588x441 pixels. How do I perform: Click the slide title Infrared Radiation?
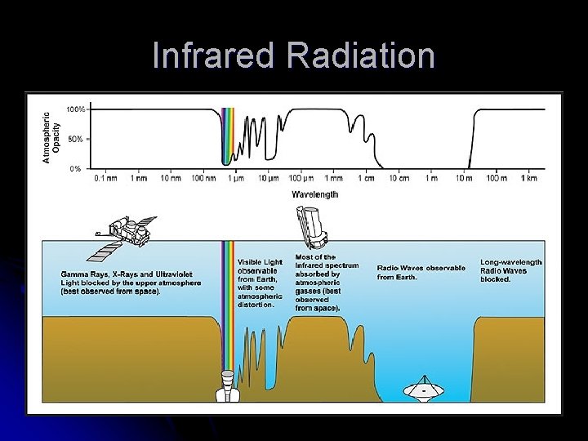coord(293,56)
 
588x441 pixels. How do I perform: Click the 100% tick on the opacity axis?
coord(74,109)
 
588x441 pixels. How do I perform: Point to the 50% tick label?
coord(74,139)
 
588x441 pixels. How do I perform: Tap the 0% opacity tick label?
coord(75,168)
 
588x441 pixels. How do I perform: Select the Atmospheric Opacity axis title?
coord(51,138)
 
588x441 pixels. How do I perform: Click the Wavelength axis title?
coord(314,194)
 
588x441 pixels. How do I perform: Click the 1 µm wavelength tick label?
coord(235,177)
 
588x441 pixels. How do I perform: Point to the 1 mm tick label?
coord(333,177)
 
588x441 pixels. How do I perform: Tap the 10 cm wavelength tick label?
coord(399,177)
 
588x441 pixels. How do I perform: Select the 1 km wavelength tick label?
coord(529,177)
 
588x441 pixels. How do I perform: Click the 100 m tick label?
coord(497,177)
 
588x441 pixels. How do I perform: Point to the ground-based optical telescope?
coord(227,385)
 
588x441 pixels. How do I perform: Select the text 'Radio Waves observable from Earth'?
coord(421,272)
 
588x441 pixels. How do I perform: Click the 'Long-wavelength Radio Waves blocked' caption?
coord(510,270)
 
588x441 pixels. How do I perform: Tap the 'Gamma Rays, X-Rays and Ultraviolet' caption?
coord(131,282)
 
